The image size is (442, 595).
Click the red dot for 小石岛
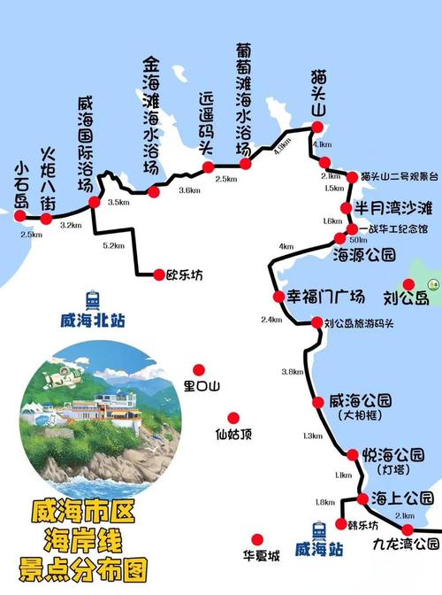coord(21,214)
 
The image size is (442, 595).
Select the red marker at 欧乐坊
coord(159,274)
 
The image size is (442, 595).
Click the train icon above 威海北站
coord(93,299)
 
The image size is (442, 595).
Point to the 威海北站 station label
coord(93,320)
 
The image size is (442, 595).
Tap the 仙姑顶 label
coord(233,434)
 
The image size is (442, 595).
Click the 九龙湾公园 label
coord(406,543)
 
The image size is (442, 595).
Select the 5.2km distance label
coord(113,245)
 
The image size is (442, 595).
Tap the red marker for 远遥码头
coord(208,167)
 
